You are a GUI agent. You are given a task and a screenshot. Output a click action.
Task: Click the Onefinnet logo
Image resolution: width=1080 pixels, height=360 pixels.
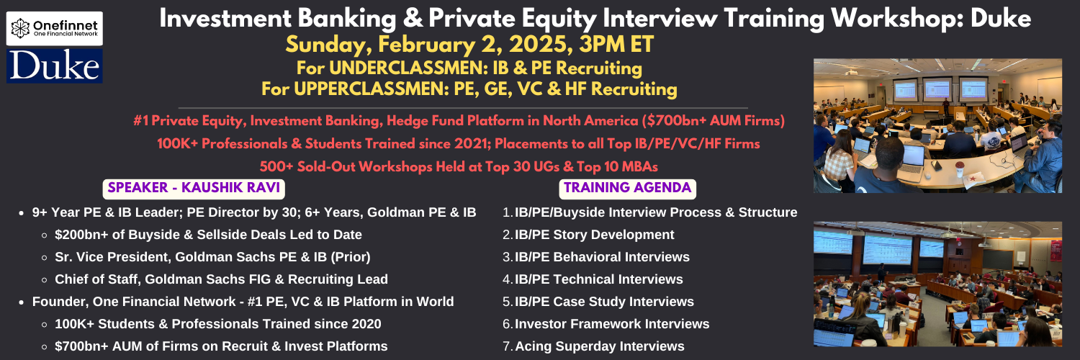(55, 28)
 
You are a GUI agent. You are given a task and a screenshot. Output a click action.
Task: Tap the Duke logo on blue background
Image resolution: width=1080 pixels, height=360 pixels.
(55, 66)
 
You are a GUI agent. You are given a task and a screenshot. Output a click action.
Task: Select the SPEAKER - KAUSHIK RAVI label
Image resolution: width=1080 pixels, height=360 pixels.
(194, 188)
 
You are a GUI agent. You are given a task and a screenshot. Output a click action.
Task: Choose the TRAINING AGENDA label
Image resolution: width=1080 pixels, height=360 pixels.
(627, 188)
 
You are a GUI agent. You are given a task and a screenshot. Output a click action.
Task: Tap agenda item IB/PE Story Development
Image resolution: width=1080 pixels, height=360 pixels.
(594, 235)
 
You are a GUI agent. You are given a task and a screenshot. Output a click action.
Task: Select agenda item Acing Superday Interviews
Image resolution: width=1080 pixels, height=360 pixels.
(599, 346)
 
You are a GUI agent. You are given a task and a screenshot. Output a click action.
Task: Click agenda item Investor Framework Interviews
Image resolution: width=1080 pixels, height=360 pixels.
(612, 324)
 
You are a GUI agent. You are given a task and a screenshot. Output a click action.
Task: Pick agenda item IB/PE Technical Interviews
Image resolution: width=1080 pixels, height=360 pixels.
(599, 279)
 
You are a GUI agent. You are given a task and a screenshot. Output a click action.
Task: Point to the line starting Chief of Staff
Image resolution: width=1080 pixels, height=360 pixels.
(221, 279)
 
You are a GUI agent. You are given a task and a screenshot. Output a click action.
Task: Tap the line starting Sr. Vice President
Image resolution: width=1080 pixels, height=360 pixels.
(212, 257)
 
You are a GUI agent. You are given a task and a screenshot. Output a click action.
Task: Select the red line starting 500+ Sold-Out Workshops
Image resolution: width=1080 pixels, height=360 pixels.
(459, 167)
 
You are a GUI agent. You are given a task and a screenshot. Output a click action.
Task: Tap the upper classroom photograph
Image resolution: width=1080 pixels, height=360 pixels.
(937, 126)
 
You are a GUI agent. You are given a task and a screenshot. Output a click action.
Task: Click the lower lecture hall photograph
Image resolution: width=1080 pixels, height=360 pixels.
(937, 284)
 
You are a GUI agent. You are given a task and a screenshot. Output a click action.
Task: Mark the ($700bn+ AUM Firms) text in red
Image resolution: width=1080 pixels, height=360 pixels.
(713, 120)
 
